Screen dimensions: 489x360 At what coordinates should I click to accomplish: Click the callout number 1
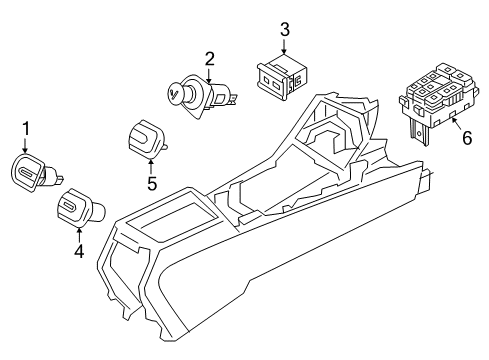coord(26,129)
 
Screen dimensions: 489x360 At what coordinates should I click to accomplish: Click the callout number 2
coord(209,59)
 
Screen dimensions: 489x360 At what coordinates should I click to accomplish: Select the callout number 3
coord(284,29)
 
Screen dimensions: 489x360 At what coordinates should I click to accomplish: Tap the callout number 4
coord(79,251)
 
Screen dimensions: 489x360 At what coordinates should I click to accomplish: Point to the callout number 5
coord(152,184)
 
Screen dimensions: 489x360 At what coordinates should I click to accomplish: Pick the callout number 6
coord(467,138)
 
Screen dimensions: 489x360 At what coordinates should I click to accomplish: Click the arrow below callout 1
coord(25,146)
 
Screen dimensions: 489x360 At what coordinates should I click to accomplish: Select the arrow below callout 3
coord(284,47)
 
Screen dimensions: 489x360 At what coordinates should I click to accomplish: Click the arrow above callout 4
coord(79,234)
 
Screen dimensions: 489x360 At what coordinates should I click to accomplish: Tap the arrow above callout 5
coord(151,167)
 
